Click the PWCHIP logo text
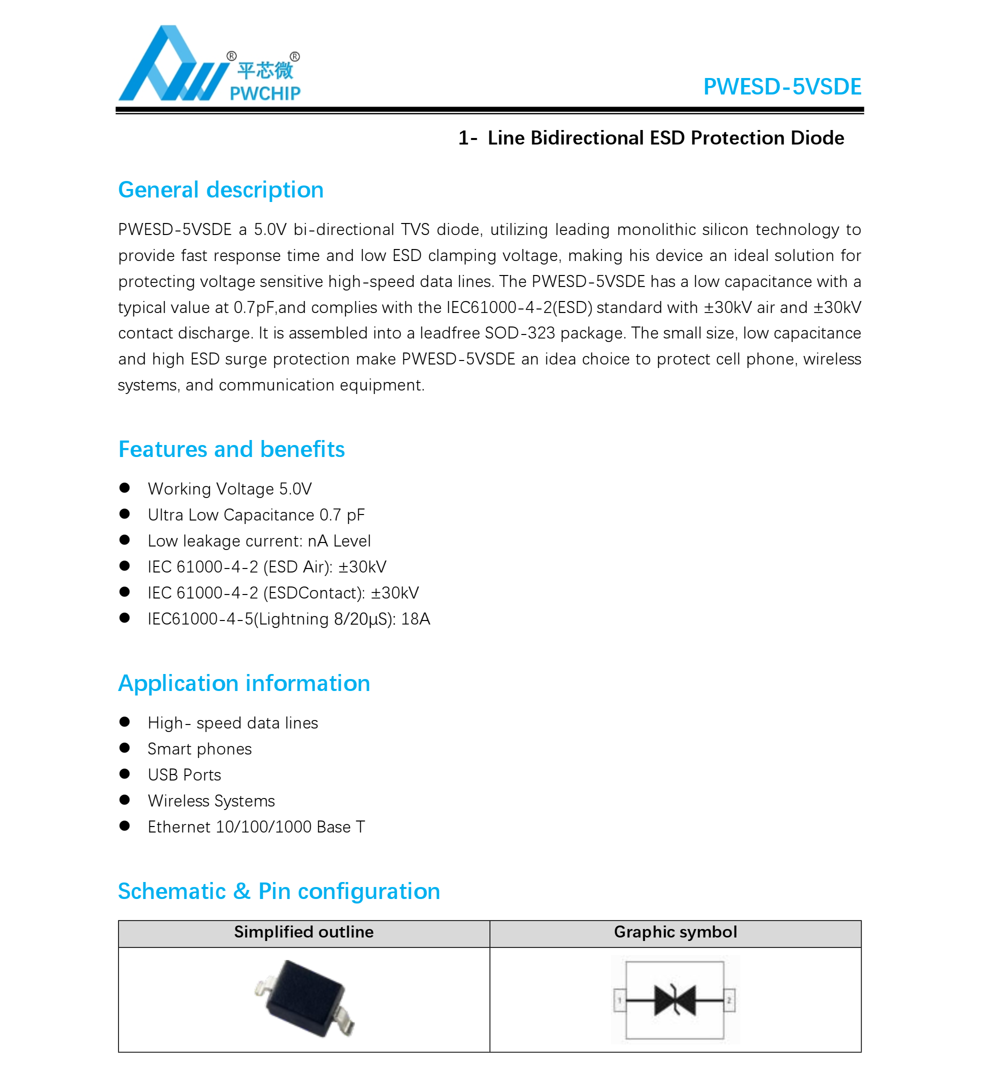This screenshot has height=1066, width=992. point(265,93)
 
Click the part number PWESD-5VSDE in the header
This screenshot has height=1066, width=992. point(782,87)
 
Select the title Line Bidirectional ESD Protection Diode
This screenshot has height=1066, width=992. point(665,138)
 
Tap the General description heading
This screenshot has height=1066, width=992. point(220,190)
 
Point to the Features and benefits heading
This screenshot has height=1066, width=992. point(231,449)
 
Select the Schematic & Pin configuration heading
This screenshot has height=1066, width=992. point(279,891)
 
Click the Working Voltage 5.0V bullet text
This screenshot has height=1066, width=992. point(229,489)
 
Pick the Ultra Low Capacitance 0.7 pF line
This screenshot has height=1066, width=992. point(256,515)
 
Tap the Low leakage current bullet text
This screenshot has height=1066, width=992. point(259,541)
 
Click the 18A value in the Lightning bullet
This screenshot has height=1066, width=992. point(415,619)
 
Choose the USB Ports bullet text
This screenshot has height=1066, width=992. point(184,775)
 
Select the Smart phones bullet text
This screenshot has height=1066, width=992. point(199,749)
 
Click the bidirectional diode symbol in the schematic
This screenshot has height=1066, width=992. point(674,1000)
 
